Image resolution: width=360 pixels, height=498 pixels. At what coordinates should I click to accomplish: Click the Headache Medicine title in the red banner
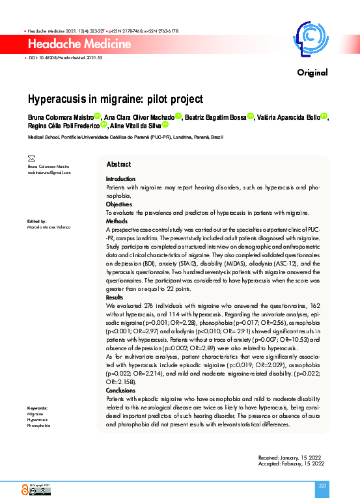pos(79,44)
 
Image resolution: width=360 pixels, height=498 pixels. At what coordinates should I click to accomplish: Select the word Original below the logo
pos(312,72)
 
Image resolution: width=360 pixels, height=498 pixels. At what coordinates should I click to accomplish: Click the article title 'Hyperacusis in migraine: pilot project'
pos(115,99)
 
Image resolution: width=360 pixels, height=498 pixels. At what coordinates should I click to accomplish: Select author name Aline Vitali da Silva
pos(135,125)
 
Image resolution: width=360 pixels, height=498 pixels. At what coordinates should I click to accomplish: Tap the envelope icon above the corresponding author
pos(31,158)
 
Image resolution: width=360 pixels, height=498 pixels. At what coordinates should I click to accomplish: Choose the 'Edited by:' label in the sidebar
pos(36,221)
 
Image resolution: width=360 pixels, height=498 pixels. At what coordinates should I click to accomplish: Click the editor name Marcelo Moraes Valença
pos(49,227)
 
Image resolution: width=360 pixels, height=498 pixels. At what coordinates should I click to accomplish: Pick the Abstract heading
pos(118,165)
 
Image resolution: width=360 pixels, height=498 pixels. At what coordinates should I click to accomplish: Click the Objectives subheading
pos(119,204)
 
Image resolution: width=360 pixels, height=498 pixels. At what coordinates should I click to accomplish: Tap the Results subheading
pos(115,297)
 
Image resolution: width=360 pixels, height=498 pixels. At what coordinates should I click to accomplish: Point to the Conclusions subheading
pos(121,391)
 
